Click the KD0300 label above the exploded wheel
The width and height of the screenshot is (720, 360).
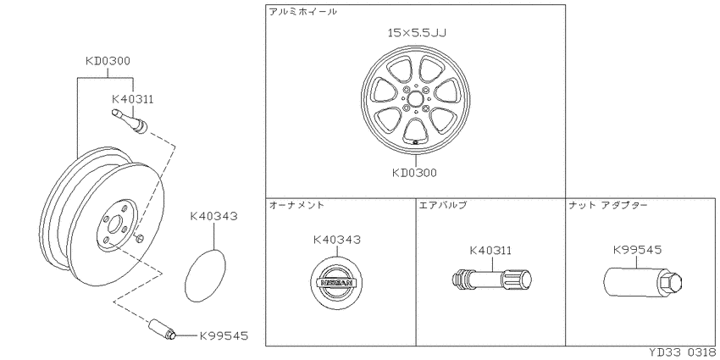pos(108,61)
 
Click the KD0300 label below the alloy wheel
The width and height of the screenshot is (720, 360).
pos(415,173)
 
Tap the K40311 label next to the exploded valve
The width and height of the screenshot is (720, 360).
pos(133,98)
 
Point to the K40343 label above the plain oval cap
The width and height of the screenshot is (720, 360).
pos(214,216)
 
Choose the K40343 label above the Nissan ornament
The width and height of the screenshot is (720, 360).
pos(337,239)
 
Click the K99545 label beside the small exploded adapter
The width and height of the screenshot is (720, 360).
pos(224,336)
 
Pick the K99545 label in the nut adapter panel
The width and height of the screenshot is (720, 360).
pos(637,250)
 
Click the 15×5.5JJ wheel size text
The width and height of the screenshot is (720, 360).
pos(417,32)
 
